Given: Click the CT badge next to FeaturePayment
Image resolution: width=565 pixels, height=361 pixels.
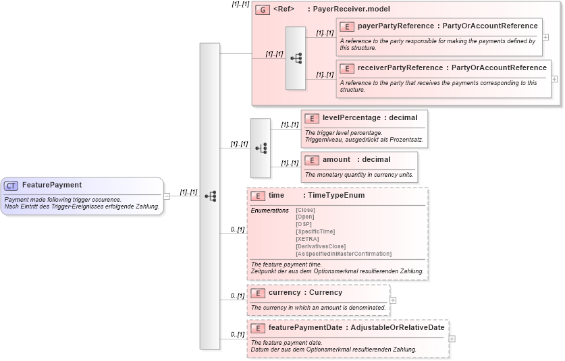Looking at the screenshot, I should click(x=11, y=186).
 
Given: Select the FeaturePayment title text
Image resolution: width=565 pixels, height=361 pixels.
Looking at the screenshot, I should click(x=52, y=185).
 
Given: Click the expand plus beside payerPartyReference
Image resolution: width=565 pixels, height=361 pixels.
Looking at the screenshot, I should click(x=545, y=37).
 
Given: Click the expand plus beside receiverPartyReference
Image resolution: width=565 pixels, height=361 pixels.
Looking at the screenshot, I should click(x=554, y=79).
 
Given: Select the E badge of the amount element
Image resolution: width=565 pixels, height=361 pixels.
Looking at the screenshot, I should click(x=311, y=160).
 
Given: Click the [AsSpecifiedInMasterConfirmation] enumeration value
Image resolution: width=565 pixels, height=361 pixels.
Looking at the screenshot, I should click(x=343, y=254).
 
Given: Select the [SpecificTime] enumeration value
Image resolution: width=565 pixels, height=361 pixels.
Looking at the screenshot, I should click(x=315, y=231).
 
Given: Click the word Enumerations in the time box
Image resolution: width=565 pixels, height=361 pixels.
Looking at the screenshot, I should click(x=269, y=211).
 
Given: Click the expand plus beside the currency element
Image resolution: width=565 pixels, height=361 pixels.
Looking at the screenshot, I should click(x=393, y=300).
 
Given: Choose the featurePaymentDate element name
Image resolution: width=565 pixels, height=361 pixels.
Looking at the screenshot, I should click(x=306, y=328).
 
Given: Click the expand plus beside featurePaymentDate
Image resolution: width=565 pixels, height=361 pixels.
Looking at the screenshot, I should click(x=452, y=339).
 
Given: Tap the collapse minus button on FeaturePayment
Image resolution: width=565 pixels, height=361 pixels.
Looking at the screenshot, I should click(x=167, y=196).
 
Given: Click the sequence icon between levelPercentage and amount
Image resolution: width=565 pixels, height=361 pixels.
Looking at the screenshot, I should click(x=261, y=148).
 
